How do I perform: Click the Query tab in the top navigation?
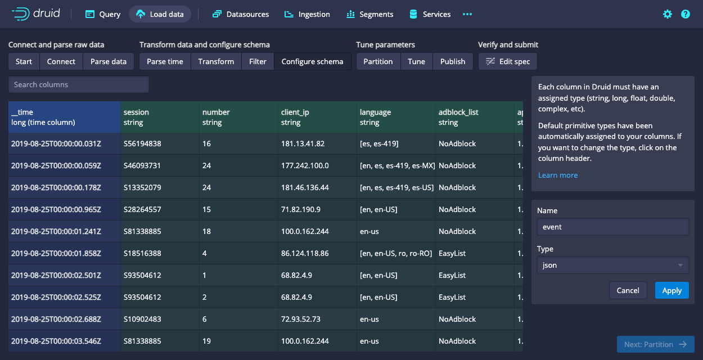pyautogui.click(x=103, y=14)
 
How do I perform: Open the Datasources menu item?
pyautogui.click(x=241, y=14)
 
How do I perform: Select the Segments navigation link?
pyautogui.click(x=369, y=14)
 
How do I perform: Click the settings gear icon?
pyautogui.click(x=668, y=14)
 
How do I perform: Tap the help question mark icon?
pyautogui.click(x=686, y=14)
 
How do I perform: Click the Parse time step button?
pyautogui.click(x=165, y=61)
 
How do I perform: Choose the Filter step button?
pyautogui.click(x=258, y=61)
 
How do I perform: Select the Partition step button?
pyautogui.click(x=378, y=61)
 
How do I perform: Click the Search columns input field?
pyautogui.click(x=79, y=84)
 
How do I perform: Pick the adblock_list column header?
pyautogui.click(x=475, y=117)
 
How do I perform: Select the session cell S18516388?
pyautogui.click(x=142, y=253)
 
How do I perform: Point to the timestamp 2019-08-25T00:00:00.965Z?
pyautogui.click(x=56, y=209)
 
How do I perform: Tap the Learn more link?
pyautogui.click(x=558, y=175)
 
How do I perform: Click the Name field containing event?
pyautogui.click(x=612, y=227)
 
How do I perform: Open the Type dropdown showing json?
pyautogui.click(x=612, y=265)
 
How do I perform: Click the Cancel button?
pyautogui.click(x=628, y=290)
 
